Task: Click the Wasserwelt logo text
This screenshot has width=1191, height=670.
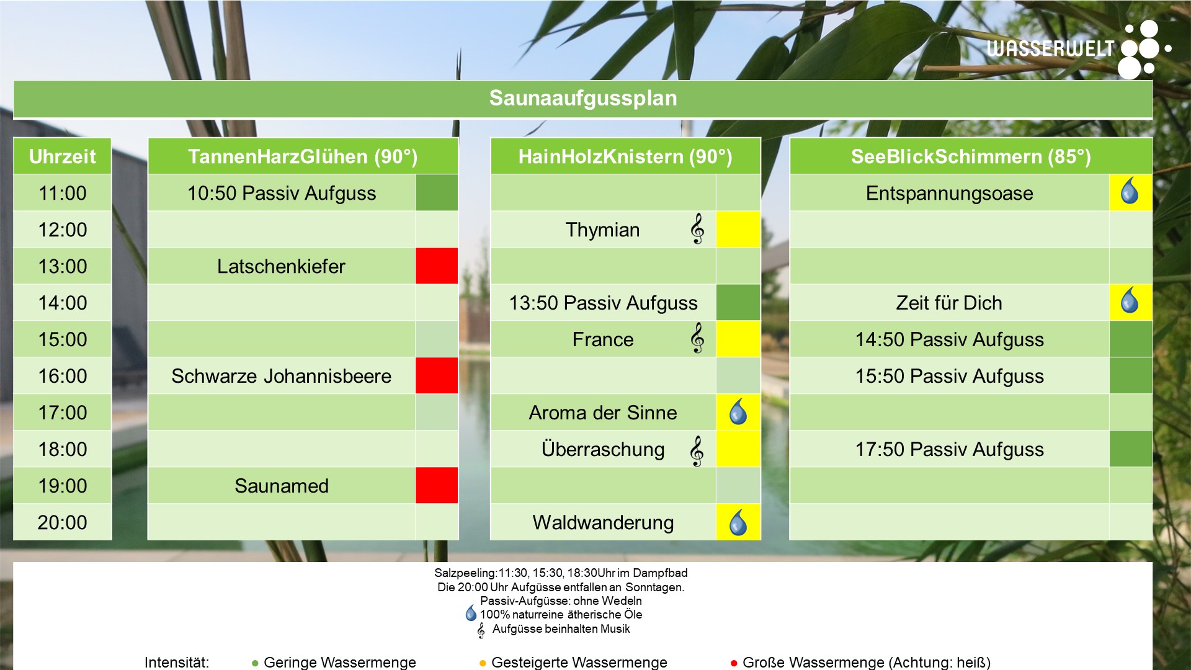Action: (x=1050, y=48)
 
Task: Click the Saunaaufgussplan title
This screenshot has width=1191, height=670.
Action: (x=583, y=98)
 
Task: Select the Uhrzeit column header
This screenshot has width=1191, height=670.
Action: (x=63, y=156)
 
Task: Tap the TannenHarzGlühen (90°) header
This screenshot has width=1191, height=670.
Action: (x=303, y=156)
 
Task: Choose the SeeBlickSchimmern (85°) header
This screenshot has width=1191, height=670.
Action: (x=971, y=156)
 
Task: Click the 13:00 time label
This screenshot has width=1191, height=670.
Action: (x=63, y=266)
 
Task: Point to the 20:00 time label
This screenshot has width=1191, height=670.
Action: (x=63, y=522)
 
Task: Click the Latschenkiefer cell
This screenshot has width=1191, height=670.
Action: (x=281, y=266)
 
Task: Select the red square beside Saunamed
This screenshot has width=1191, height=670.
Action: (x=437, y=485)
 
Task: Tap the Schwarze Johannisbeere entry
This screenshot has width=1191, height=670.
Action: (x=281, y=376)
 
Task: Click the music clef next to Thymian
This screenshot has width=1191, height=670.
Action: (x=697, y=229)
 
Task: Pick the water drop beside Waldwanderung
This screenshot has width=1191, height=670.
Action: (x=738, y=522)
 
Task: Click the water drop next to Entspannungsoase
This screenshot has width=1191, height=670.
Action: (x=1130, y=192)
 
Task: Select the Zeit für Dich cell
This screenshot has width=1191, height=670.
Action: (x=949, y=303)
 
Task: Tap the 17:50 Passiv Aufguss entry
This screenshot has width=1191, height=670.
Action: (x=949, y=449)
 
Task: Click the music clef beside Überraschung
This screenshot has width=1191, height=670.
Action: (x=697, y=450)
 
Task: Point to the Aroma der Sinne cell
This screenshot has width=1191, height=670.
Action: (x=603, y=413)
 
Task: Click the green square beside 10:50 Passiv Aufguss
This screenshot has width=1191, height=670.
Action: (x=437, y=192)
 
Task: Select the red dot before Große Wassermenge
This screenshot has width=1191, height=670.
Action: (x=734, y=663)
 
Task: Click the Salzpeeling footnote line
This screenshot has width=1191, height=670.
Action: (x=561, y=573)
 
